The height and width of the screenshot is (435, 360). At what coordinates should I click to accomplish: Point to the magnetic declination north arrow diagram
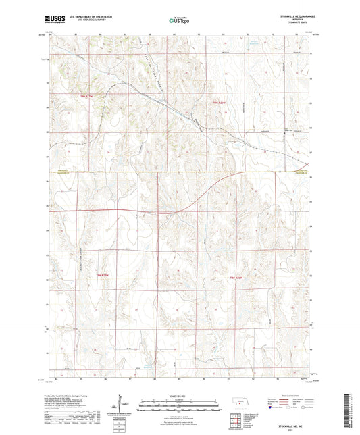pos(125,405)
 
